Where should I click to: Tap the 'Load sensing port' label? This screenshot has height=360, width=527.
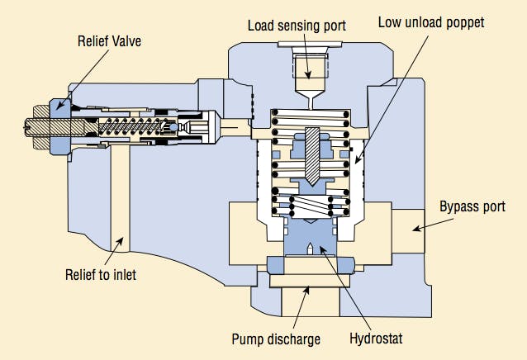click(x=298, y=25)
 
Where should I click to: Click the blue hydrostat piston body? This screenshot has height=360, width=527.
click(x=308, y=239)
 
